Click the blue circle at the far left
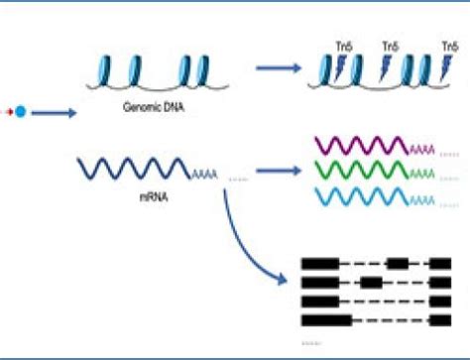(20, 111)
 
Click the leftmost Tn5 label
(344, 47)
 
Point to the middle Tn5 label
(390, 47)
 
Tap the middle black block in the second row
(372, 283)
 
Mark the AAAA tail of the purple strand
(423, 150)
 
